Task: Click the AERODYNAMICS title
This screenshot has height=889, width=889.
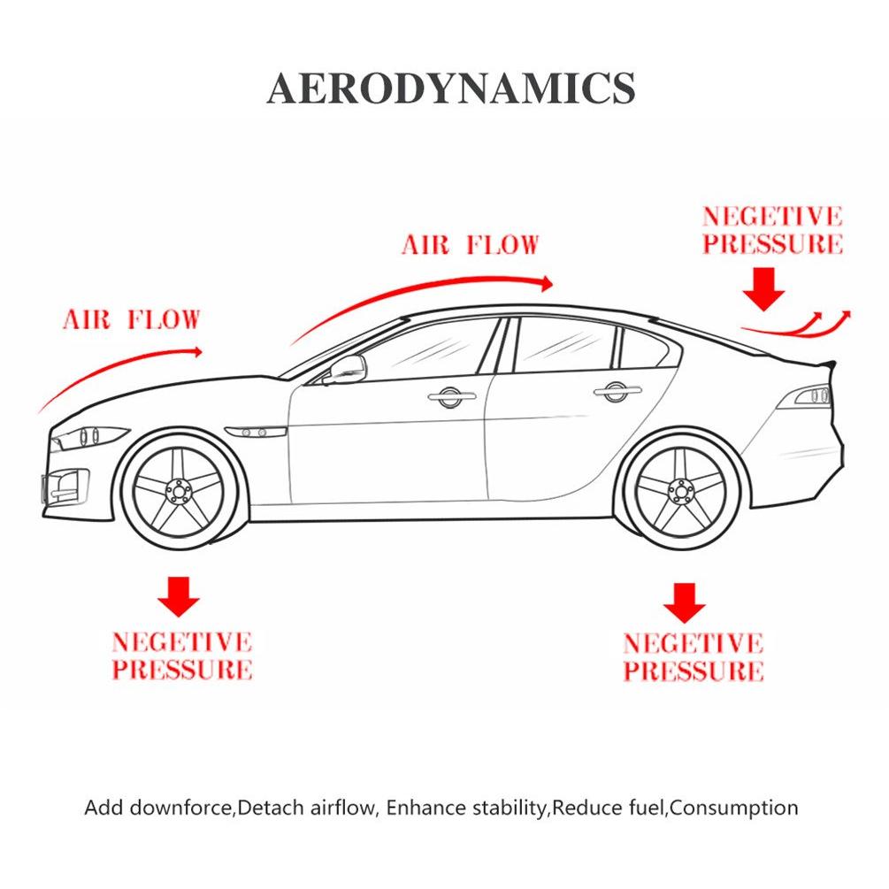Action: coord(451,88)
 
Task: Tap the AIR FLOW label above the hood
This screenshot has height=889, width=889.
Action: coord(132,319)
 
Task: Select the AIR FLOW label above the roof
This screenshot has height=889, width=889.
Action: coord(470,245)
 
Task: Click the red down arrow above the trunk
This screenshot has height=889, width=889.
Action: coord(764,289)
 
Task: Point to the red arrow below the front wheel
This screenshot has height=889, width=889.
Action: coord(179,596)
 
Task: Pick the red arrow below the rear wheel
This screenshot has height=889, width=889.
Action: coord(685,602)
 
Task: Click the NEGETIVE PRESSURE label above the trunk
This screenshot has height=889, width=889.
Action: coord(772,230)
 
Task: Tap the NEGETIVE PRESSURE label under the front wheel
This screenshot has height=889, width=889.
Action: coord(182,656)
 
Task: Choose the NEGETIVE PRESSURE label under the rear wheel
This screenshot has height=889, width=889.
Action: coord(694,657)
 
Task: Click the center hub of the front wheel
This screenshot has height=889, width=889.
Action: coord(180,491)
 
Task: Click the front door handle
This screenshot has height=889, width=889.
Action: coord(452,396)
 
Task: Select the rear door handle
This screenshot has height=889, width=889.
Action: coord(617,391)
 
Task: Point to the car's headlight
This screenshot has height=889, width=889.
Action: coord(88,437)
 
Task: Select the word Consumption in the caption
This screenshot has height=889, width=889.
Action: coord(733,808)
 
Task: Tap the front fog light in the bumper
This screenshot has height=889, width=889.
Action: coord(65,486)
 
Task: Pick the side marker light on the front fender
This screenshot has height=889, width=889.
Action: coord(255,433)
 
